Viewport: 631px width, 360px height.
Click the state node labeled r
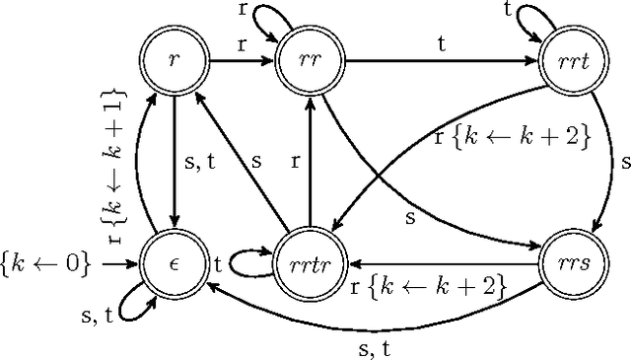174,59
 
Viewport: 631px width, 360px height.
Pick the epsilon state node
174,264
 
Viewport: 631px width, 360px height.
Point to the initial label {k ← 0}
46,264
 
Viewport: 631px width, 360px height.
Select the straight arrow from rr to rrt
444,59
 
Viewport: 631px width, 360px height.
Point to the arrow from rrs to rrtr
444,264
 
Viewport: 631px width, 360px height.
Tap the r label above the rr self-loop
243,10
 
